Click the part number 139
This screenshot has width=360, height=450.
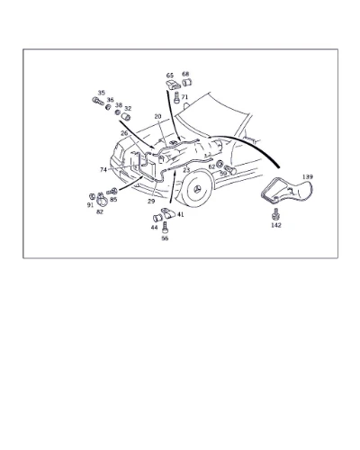pos(307,176)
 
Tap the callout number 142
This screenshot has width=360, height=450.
pos(276,225)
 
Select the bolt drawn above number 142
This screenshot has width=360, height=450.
pos(274,215)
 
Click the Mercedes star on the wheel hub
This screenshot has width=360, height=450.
pos(197,190)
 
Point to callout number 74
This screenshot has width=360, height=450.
pos(103,170)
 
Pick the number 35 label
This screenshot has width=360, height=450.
pos(102,93)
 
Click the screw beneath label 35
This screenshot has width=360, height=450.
pos(98,101)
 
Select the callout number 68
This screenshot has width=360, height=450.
pos(185,74)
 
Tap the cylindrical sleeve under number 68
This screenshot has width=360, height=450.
pos(187,82)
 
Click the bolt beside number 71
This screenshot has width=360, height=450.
pos(176,97)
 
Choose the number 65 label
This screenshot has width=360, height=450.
pos(170,75)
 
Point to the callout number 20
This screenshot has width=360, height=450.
pos(158,116)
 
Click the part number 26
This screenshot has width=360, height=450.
pos(124,133)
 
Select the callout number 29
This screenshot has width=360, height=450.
pos(151,202)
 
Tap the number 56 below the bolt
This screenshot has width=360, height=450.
pos(165,238)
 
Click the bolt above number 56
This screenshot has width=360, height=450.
pos(165,228)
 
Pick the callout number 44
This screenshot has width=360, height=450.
pos(154,228)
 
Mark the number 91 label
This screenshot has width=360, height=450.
pos(90,205)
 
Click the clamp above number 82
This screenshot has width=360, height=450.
pos(102,200)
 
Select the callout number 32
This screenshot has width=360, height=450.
pos(128,108)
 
